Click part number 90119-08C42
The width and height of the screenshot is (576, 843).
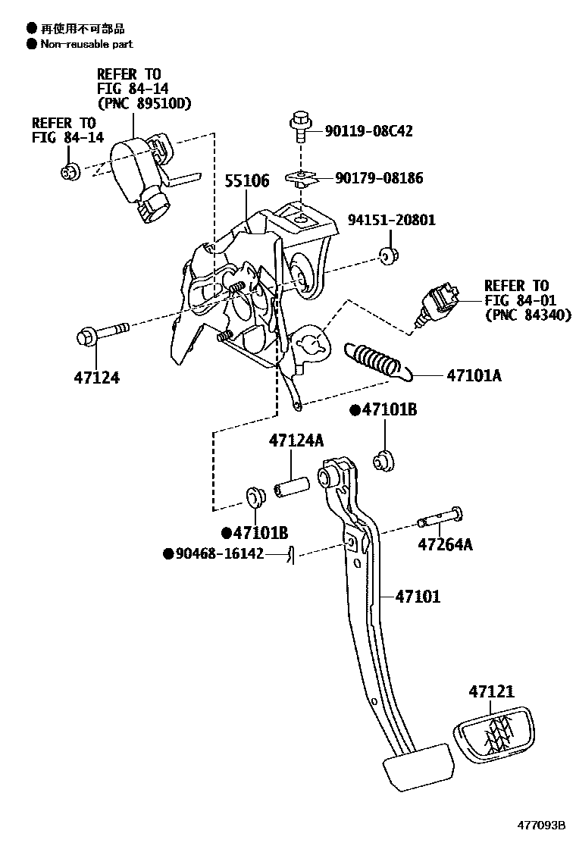(368, 131)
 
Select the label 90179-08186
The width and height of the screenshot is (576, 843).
(379, 179)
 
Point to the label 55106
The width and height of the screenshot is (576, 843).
(247, 181)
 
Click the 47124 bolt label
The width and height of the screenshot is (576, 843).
(97, 377)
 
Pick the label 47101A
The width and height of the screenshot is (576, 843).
(474, 374)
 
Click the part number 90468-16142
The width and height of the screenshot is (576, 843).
(220, 554)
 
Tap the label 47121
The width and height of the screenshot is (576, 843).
(491, 691)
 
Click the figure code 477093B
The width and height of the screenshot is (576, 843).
(542, 826)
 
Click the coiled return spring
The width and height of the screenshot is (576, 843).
(375, 361)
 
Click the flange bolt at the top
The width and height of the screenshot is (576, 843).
(300, 127)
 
